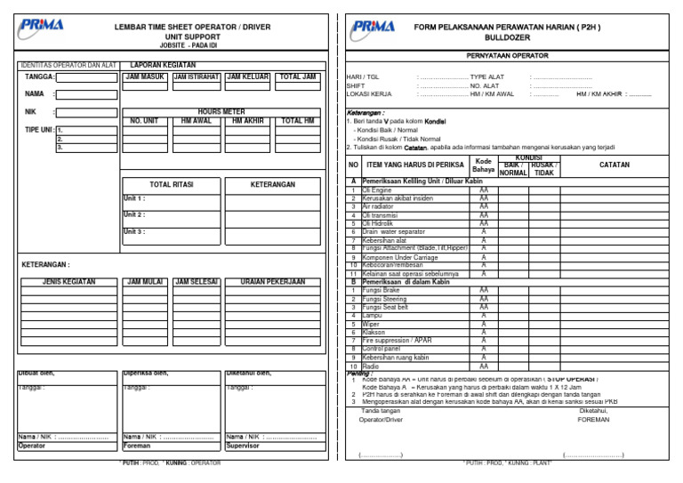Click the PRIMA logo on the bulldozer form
click(374, 29)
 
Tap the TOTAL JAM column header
click(297, 77)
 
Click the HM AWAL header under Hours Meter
click(196, 120)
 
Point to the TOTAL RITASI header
click(171, 185)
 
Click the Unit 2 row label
click(134, 214)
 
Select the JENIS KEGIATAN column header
click(68, 282)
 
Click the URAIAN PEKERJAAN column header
click(272, 282)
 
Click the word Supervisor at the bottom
click(245, 447)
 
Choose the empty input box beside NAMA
click(87, 93)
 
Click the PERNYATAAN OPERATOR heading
click(507, 56)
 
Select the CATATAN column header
click(615, 165)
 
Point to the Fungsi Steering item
click(378, 299)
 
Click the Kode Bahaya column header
click(484, 165)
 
